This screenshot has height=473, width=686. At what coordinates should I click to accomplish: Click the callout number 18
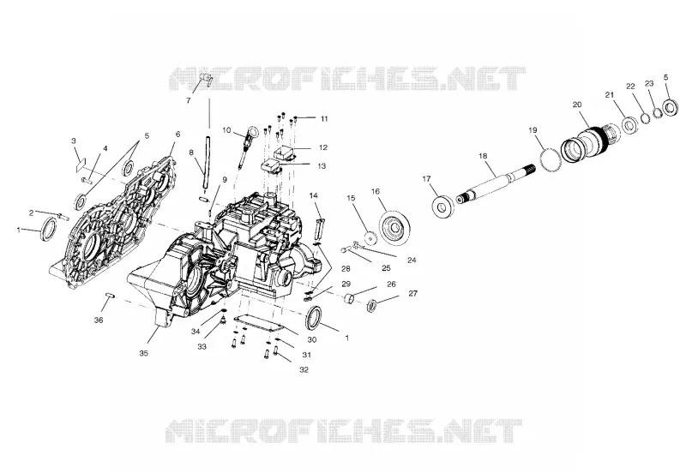click(483, 156)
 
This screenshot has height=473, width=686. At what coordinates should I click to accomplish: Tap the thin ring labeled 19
click(551, 160)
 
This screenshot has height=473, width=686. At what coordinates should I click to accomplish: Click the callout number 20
click(577, 105)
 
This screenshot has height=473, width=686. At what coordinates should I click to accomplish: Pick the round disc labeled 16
click(394, 228)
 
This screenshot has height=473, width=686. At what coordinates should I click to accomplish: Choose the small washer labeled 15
click(371, 238)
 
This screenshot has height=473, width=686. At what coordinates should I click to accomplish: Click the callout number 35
click(143, 353)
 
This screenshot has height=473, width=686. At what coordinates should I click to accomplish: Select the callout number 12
click(323, 147)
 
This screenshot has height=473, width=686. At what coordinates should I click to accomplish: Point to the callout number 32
click(304, 370)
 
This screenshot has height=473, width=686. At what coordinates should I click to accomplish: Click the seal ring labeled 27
click(372, 305)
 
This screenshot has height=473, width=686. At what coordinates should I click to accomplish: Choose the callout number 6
click(178, 135)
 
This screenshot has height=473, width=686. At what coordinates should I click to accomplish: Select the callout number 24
click(412, 260)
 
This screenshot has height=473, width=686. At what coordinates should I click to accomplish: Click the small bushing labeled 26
click(349, 298)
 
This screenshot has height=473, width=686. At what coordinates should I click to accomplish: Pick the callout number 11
click(324, 118)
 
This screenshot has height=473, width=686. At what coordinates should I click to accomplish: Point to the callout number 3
click(74, 141)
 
